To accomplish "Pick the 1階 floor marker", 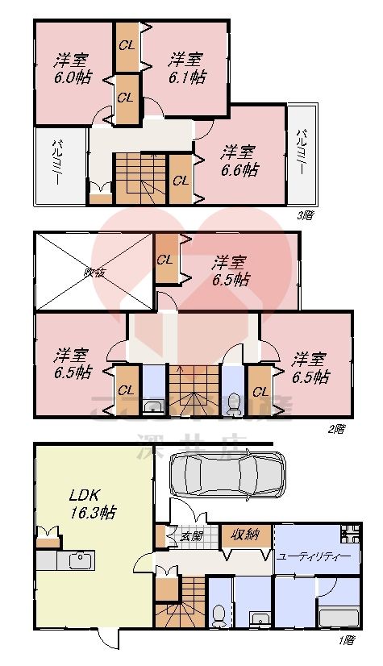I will click(x=345, y=640).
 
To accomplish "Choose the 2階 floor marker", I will click(x=336, y=428).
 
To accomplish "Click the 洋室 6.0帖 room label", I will click(x=72, y=68).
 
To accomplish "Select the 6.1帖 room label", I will click(x=186, y=68).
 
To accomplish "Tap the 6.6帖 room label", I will click(x=239, y=160).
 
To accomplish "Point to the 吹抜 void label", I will click(x=94, y=272).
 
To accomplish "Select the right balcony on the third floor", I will click(x=302, y=155).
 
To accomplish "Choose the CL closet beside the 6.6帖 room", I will click(x=181, y=180).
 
